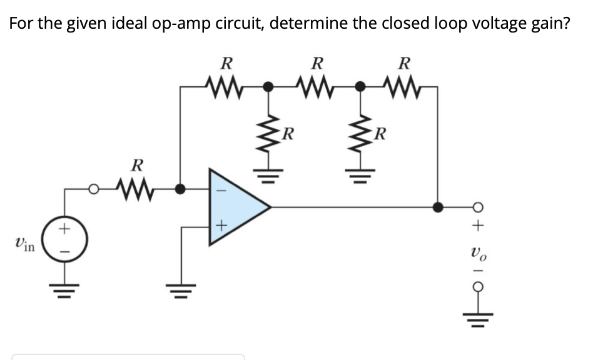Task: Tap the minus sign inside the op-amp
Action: point(220,187)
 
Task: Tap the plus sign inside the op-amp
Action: point(220,227)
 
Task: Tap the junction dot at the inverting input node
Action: point(180,187)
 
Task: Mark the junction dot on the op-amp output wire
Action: point(438,206)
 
